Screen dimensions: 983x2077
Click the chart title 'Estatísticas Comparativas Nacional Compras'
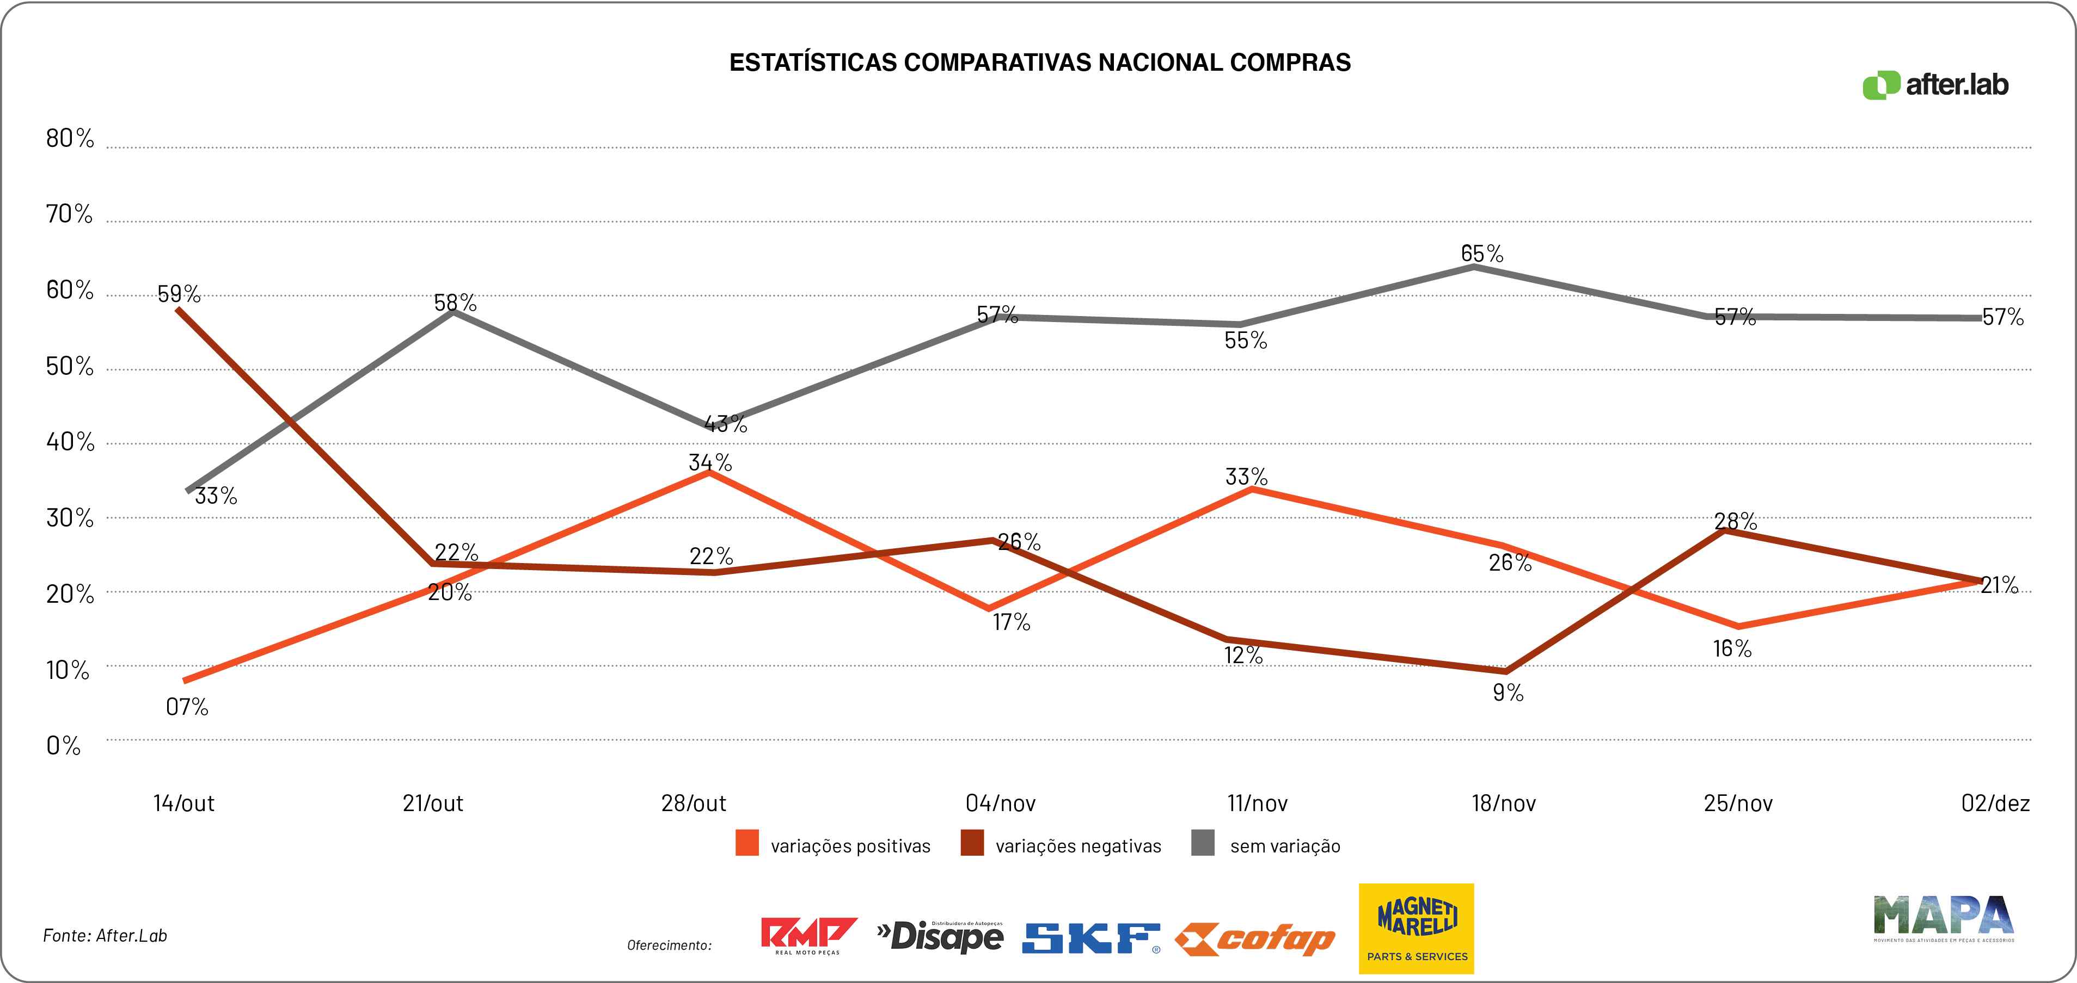1039,63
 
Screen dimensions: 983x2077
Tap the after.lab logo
1934,85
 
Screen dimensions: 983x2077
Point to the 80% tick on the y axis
70,139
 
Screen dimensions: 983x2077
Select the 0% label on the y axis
64,746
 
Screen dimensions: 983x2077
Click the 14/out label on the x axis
184,803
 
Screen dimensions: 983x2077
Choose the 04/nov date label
1000,803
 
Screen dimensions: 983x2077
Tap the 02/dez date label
1995,803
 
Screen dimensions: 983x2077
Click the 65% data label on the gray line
1482,254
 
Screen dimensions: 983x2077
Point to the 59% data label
179,294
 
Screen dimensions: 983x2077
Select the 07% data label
187,707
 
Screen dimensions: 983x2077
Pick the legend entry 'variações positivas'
850,846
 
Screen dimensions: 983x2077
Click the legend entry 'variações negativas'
1078,846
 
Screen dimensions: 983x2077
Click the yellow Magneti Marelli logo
1417,928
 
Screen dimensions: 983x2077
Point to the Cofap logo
1254,939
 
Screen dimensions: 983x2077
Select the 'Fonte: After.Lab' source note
105,936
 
